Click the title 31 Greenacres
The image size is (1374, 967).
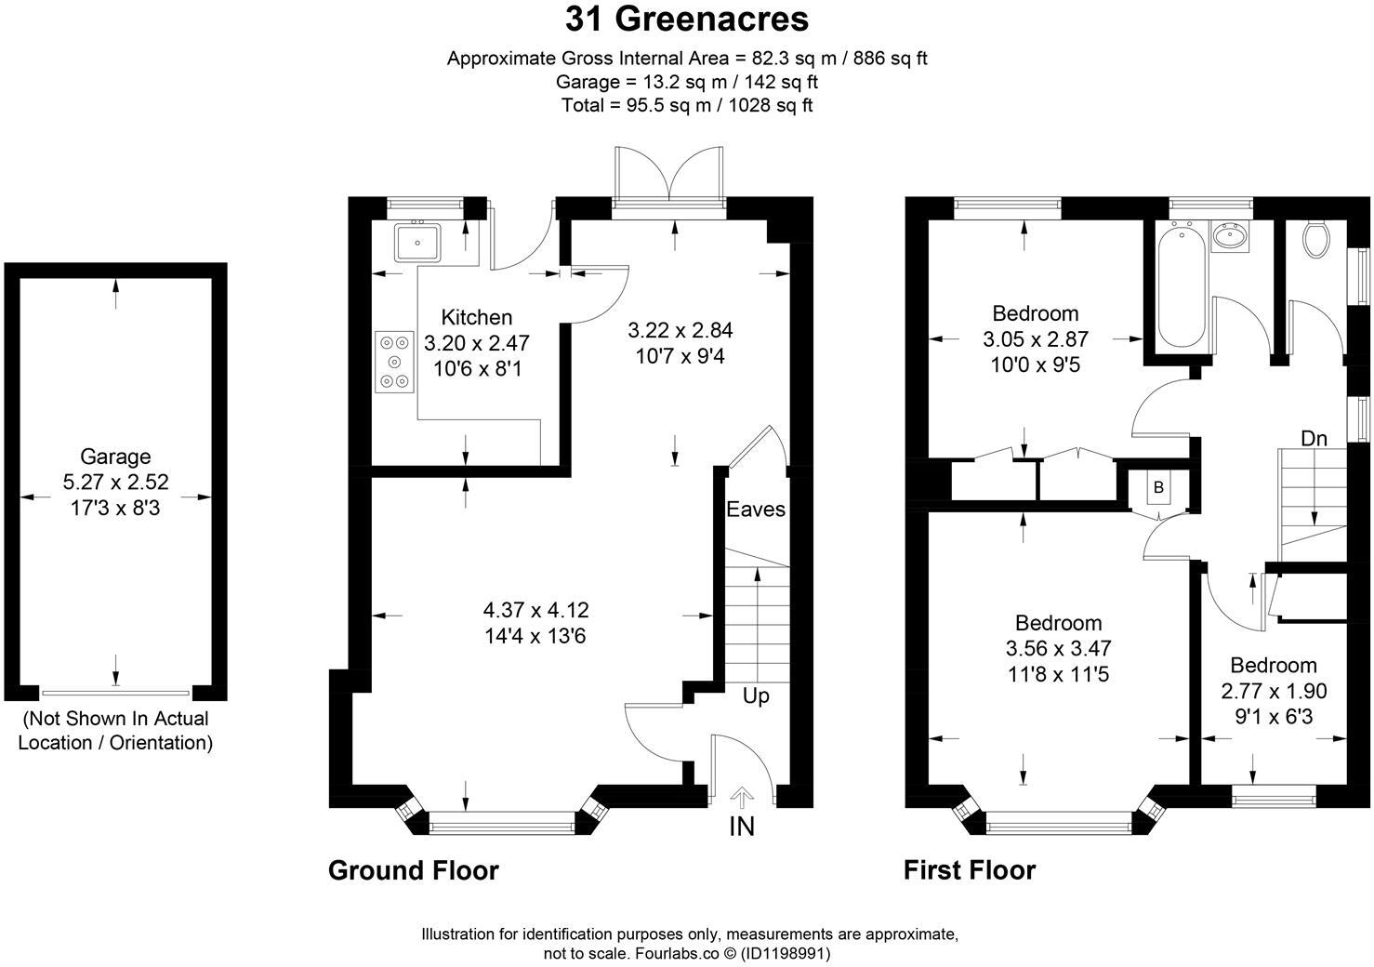click(687, 19)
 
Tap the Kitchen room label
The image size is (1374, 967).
click(476, 317)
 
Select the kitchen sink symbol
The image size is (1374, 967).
click(418, 242)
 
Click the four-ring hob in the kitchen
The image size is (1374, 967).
click(395, 362)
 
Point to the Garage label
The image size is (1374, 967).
click(115, 457)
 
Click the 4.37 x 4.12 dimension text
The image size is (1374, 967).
click(535, 611)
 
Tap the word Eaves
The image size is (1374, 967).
click(756, 510)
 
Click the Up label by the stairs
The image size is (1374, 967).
click(756, 695)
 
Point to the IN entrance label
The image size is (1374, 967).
click(742, 826)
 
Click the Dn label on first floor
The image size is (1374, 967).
click(1314, 438)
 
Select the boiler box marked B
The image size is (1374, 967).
click(1158, 487)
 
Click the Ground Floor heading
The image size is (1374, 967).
click(414, 870)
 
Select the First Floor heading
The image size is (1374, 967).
click(970, 870)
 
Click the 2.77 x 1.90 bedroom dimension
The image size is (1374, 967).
click(1274, 691)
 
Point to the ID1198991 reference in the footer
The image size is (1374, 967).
click(785, 953)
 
